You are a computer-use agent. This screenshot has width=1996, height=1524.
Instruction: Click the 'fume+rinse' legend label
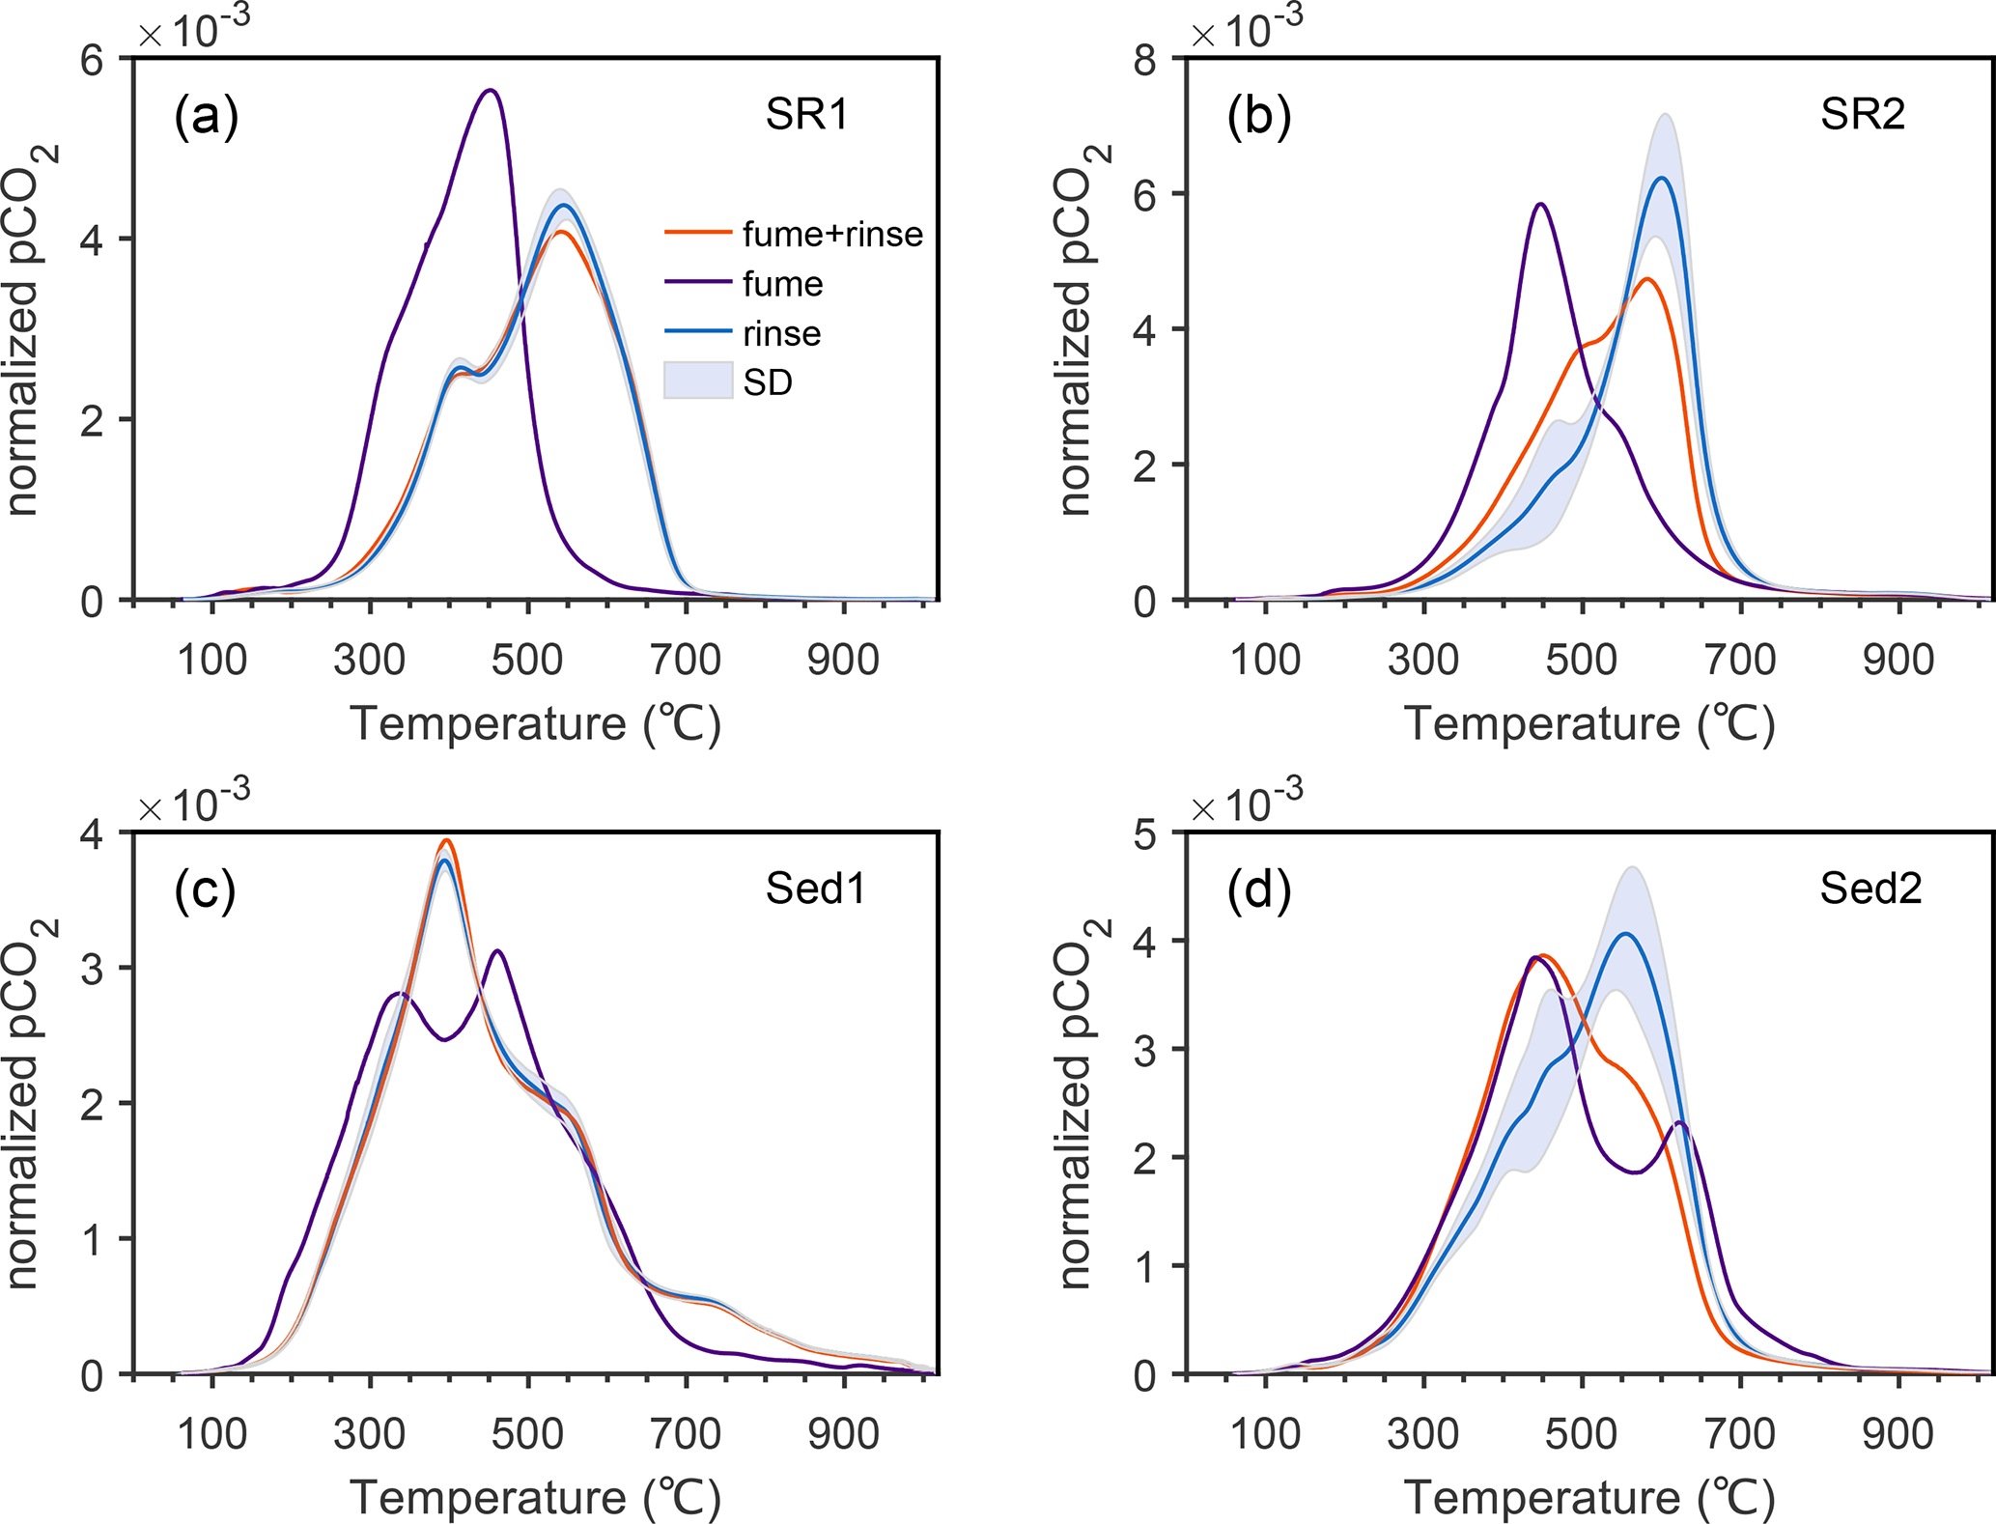click(832, 234)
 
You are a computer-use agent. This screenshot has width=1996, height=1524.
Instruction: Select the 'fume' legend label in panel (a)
click(782, 284)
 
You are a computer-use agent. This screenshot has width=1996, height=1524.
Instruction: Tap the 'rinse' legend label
click(782, 334)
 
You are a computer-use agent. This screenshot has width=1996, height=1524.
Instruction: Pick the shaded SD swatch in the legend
click(697, 381)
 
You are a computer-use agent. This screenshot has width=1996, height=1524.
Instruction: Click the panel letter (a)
click(206, 117)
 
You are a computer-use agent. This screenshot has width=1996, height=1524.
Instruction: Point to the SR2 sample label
click(1862, 115)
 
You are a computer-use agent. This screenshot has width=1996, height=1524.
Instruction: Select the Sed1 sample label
click(815, 889)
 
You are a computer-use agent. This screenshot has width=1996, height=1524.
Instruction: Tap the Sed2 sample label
click(1869, 889)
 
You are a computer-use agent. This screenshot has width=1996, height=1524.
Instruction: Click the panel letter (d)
click(1258, 890)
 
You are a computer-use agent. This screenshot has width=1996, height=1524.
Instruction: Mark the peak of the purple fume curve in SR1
click(491, 91)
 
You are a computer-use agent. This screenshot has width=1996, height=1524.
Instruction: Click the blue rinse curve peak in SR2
click(1662, 178)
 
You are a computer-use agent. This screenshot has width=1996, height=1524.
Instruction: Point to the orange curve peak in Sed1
click(446, 840)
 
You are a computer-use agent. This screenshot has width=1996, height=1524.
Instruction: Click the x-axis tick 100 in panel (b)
click(1264, 660)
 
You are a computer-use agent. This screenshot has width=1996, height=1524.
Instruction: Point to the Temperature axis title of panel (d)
click(1588, 1498)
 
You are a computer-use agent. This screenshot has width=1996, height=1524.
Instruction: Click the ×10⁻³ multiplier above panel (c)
click(193, 804)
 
